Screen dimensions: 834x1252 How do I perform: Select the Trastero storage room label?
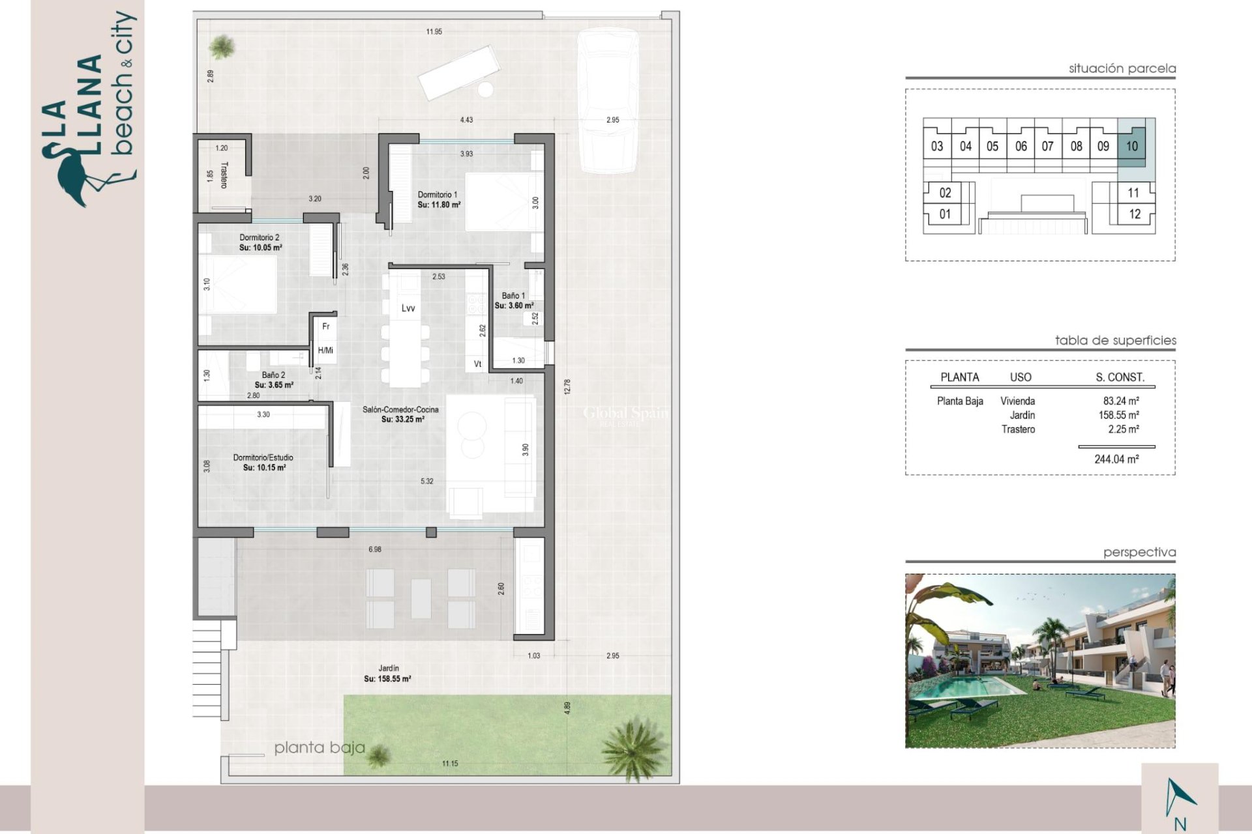point(224,175)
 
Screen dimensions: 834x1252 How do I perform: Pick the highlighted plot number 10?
point(1131,146)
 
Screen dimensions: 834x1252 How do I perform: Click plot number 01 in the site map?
point(945,214)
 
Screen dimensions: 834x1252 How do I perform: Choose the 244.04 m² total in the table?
point(1116,459)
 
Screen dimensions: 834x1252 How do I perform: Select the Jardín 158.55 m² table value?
point(1118,415)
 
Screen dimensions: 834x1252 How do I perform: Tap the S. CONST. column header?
point(1120,377)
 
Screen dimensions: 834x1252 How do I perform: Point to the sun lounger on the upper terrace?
point(458,72)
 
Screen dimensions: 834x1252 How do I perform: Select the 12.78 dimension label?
point(567,387)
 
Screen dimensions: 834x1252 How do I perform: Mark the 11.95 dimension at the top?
point(434,32)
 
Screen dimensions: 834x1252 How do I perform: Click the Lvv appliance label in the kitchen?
point(408,308)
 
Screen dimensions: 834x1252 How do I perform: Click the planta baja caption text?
point(319,747)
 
